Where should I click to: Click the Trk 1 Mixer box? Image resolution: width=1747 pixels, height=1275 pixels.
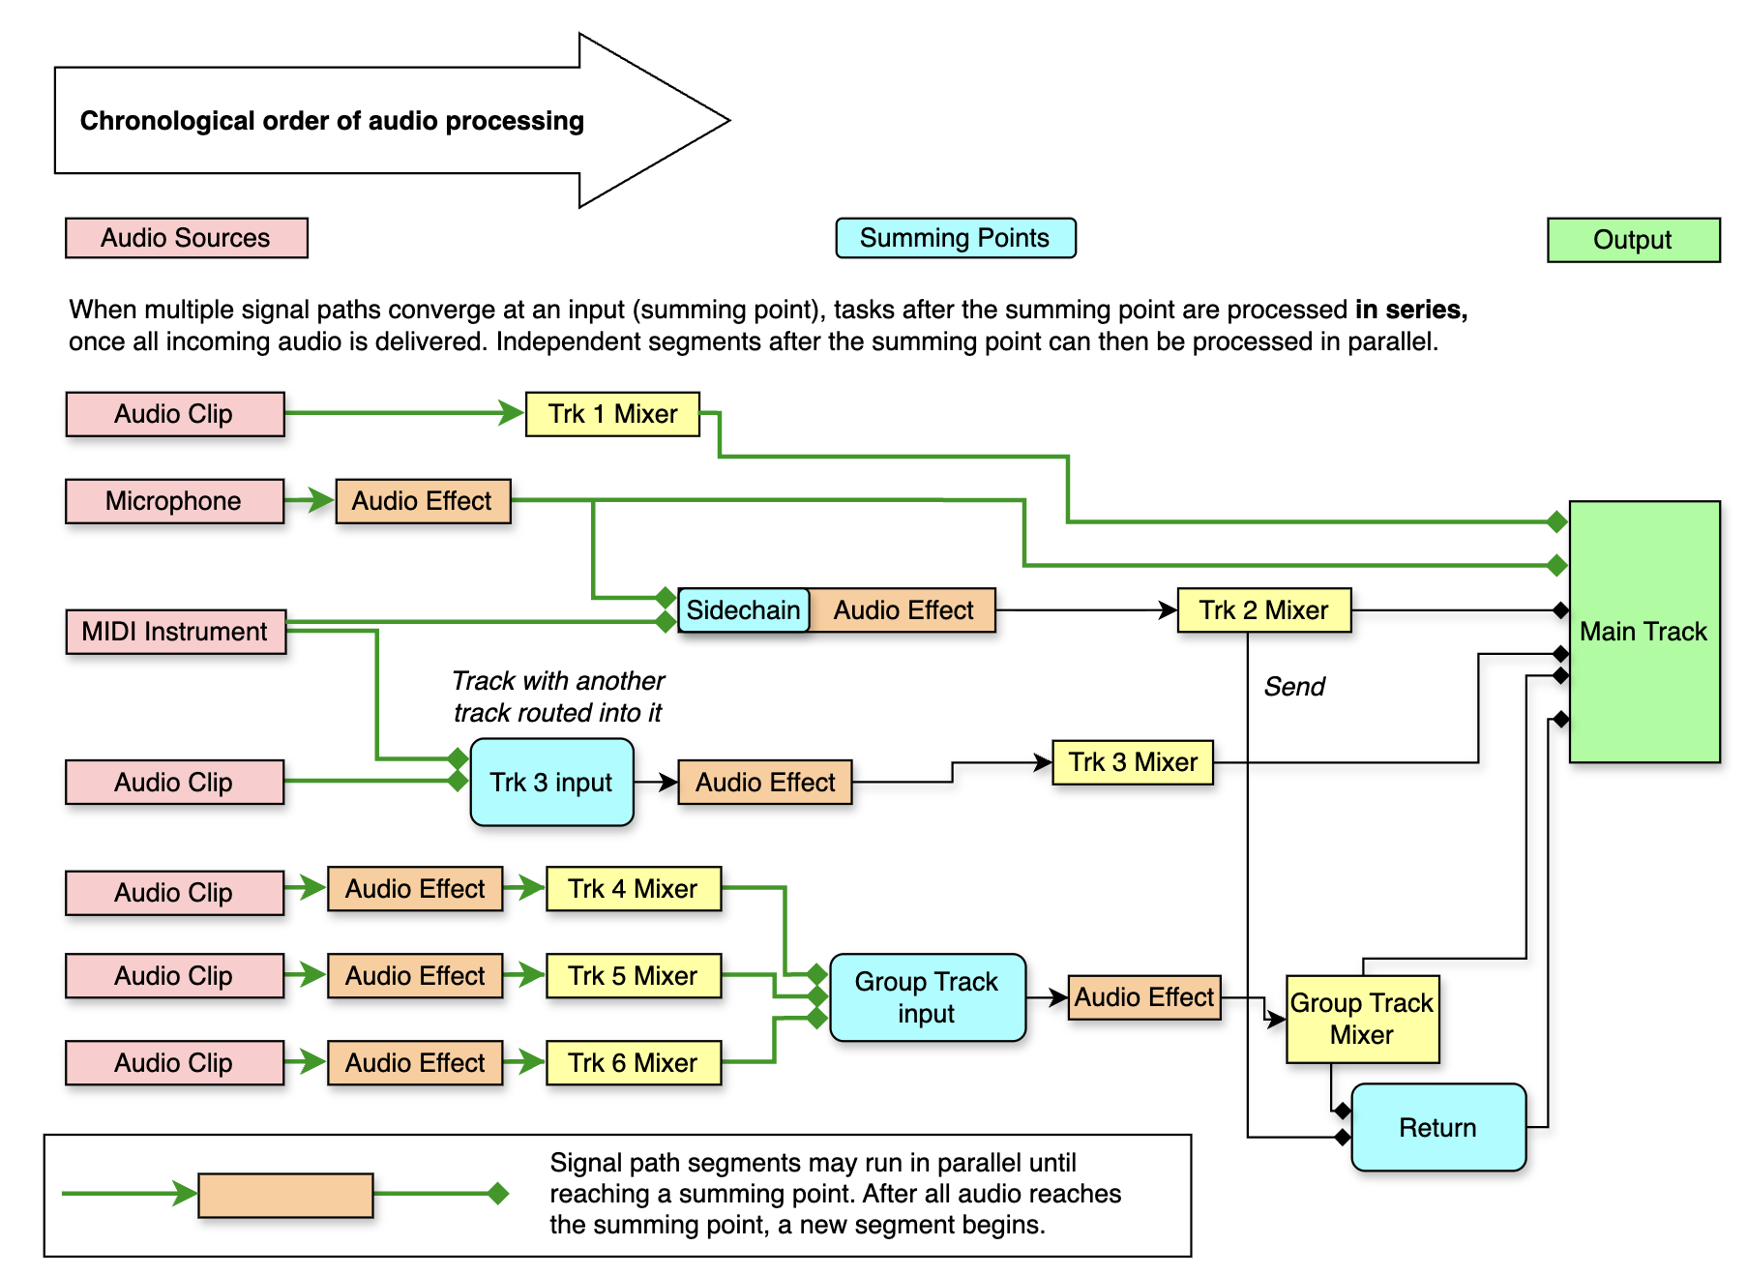pos(612,414)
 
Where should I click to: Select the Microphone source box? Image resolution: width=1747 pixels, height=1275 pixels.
pos(174,501)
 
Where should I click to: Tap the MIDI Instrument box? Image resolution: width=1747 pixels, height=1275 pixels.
pos(175,632)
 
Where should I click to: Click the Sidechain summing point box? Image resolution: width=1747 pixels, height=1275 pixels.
pos(743,610)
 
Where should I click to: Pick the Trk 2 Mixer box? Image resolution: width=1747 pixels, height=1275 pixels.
pos(1263,610)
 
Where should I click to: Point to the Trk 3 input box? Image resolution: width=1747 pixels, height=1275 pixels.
pos(551,782)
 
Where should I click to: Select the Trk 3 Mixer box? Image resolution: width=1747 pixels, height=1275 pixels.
pos(1133,762)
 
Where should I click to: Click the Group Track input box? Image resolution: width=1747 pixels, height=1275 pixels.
pos(927,997)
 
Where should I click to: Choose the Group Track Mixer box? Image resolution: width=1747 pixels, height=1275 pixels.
pos(1362,1019)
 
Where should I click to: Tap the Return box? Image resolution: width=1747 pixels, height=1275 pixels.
pos(1437,1127)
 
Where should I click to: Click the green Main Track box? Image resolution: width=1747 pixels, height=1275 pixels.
pos(1643,632)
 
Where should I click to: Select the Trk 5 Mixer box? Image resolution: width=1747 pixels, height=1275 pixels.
pos(633,975)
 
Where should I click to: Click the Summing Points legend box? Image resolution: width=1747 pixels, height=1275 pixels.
pos(955,238)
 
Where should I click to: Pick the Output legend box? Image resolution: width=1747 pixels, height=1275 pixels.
pos(1633,240)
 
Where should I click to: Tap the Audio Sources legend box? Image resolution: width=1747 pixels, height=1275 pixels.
pos(186,238)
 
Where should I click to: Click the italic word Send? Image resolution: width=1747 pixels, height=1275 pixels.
pos(1294,687)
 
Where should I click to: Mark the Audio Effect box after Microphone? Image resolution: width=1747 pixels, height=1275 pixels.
pos(423,501)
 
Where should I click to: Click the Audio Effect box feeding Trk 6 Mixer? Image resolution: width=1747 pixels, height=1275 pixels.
pos(415,1062)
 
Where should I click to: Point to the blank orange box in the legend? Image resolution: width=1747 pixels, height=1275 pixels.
pos(285,1195)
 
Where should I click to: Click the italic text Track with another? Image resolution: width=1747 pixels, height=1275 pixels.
pos(558,681)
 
